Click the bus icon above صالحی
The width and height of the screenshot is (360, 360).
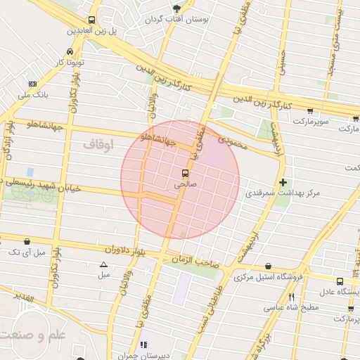pyautogui.click(x=186, y=173)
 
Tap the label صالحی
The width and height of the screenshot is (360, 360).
pyautogui.click(x=186, y=184)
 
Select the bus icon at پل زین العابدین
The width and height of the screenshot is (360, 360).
pyautogui.click(x=92, y=20)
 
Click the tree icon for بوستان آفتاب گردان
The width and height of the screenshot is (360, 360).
pyautogui.click(x=176, y=8)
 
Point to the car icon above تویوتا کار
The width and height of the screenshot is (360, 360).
pyautogui.click(x=70, y=52)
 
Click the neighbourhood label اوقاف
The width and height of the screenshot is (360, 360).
pyautogui.click(x=98, y=144)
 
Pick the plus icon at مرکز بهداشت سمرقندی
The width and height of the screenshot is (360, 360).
pyautogui.click(x=283, y=182)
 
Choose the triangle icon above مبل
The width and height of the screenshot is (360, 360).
pyautogui.click(x=104, y=265)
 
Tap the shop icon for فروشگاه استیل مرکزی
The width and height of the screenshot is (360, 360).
pyautogui.click(x=269, y=266)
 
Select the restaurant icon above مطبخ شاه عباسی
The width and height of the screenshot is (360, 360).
pyautogui.click(x=291, y=297)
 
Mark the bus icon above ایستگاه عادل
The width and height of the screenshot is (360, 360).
pyautogui.click(x=340, y=281)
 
